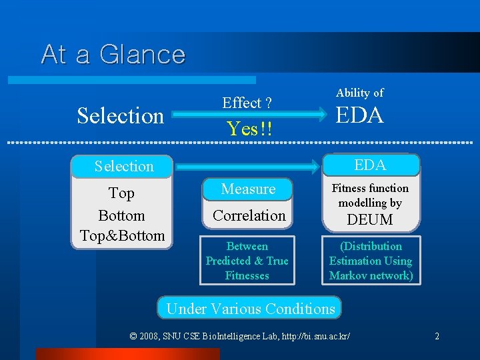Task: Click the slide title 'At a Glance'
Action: (113, 54)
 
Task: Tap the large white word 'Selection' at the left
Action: (120, 116)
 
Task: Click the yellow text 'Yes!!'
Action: (249, 128)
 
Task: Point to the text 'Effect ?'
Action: (247, 103)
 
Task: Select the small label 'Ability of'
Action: (359, 93)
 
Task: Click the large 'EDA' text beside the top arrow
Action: (359, 116)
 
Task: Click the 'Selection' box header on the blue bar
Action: (124, 166)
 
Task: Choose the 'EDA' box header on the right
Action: (370, 165)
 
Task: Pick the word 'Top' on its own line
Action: (121, 193)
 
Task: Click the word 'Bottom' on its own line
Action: (121, 215)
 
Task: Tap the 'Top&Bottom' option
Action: (122, 235)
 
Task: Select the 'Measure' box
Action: (248, 189)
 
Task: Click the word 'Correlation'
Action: (249, 215)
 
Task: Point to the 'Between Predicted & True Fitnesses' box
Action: (247, 261)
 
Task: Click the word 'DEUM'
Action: (371, 219)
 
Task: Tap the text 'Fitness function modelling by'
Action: (370, 195)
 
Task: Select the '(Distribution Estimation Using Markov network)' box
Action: (371, 261)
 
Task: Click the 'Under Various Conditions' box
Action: (250, 309)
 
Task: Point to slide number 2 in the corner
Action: (437, 336)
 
